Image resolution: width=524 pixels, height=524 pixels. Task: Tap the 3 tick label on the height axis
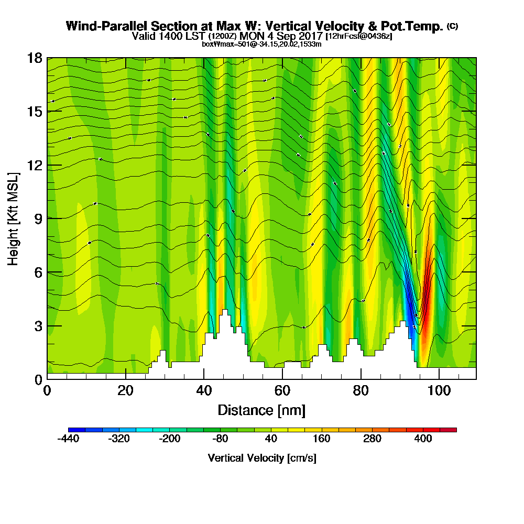click(x=38, y=325)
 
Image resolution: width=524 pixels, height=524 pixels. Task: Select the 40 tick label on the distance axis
click(x=204, y=390)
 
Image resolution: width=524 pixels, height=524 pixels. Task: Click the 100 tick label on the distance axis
click(x=439, y=390)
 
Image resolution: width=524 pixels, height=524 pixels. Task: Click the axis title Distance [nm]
click(x=261, y=410)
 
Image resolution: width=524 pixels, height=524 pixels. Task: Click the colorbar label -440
click(x=68, y=439)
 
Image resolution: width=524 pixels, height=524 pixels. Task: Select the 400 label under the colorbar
click(x=423, y=439)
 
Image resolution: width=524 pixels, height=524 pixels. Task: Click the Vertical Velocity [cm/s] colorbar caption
click(x=261, y=458)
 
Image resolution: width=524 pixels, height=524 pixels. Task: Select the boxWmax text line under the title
click(x=261, y=44)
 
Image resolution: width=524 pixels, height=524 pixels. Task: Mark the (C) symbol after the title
click(x=452, y=26)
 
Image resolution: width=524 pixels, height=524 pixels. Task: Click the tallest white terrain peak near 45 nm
click(x=225, y=312)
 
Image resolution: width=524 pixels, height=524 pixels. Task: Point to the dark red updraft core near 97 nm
click(x=426, y=309)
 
